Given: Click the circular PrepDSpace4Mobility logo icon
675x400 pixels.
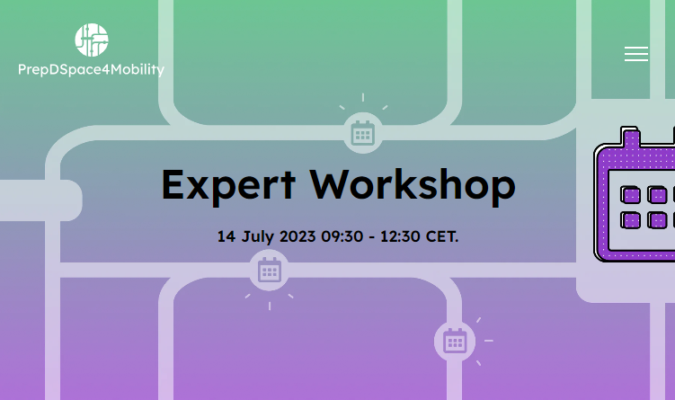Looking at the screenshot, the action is point(92,40).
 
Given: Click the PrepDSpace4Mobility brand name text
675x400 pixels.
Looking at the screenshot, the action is point(92,70).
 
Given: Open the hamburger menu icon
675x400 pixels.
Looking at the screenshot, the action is point(636,54).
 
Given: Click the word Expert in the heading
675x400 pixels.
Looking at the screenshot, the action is point(228,185).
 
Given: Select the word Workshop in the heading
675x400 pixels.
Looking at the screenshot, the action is point(413,184).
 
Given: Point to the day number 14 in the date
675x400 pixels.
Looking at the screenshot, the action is point(226,236).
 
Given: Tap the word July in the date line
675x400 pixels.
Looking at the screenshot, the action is point(257,236).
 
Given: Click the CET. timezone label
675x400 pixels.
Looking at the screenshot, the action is point(442,236).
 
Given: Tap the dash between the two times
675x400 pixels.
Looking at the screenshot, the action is point(372,237).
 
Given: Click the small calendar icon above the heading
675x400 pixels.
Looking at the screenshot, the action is point(363,133).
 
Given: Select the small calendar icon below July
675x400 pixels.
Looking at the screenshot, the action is point(270,270).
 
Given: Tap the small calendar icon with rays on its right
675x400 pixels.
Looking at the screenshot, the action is point(455,341).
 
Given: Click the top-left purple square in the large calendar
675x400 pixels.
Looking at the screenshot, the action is point(630,195).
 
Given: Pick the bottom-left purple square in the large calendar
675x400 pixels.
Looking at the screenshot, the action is point(630,220).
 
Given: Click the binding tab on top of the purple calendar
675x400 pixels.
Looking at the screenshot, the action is point(630,136).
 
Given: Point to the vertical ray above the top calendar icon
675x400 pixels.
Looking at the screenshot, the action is point(363,97).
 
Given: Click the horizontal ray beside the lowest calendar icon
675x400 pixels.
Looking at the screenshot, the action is point(489,341).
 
